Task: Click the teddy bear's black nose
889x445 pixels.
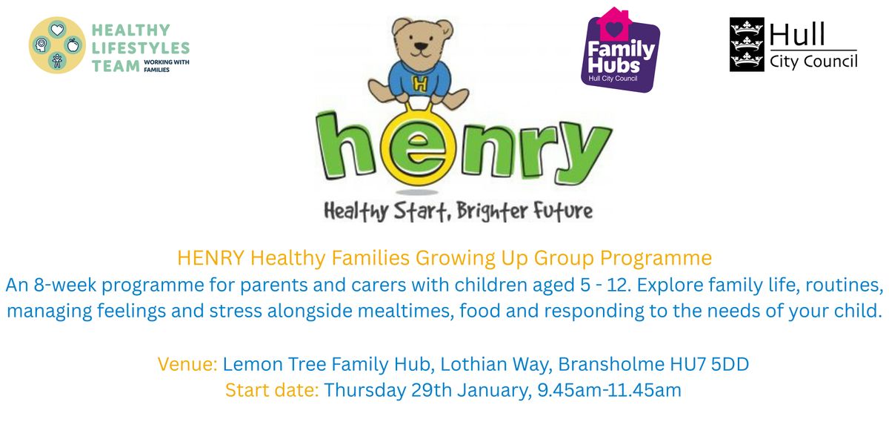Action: pos(421,47)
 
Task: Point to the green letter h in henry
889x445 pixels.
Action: pos(344,145)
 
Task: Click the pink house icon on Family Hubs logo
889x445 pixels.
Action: pos(614,24)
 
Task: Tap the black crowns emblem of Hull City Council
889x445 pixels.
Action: pos(747,44)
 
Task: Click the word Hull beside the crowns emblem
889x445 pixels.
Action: pos(797,34)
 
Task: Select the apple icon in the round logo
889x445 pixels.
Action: pos(73,45)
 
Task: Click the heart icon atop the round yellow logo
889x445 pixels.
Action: pos(57,29)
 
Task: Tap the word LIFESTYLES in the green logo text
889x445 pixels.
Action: pos(141,48)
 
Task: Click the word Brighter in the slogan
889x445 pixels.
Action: pos(491,211)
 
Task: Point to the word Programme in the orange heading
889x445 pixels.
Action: pos(656,258)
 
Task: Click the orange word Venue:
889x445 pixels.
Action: pos(187,364)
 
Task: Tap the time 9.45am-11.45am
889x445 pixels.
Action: pos(609,390)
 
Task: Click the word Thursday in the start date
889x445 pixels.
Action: pos(365,391)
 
